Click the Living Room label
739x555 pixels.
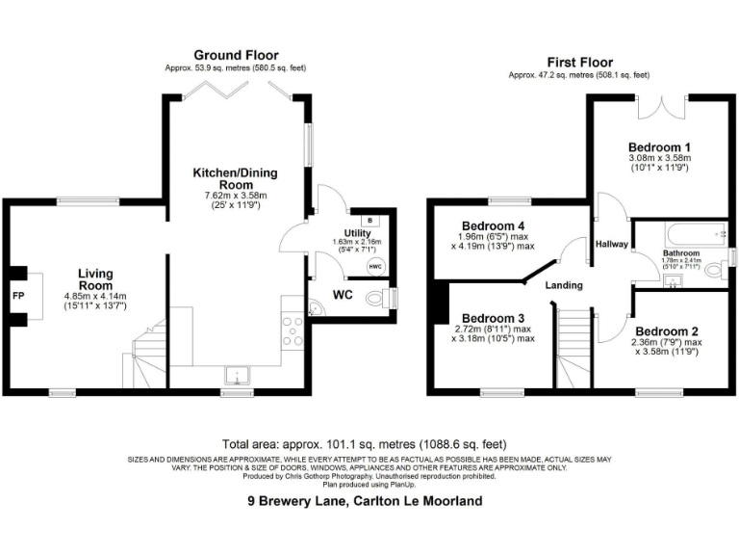95,279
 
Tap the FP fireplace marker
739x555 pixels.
18,296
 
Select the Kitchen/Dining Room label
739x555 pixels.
235,178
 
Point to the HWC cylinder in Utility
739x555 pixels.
373,267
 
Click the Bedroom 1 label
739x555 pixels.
660,145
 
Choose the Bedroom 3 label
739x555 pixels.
493,318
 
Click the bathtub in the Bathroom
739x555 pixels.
684,233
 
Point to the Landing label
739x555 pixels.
565,285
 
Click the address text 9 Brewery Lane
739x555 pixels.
365,501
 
